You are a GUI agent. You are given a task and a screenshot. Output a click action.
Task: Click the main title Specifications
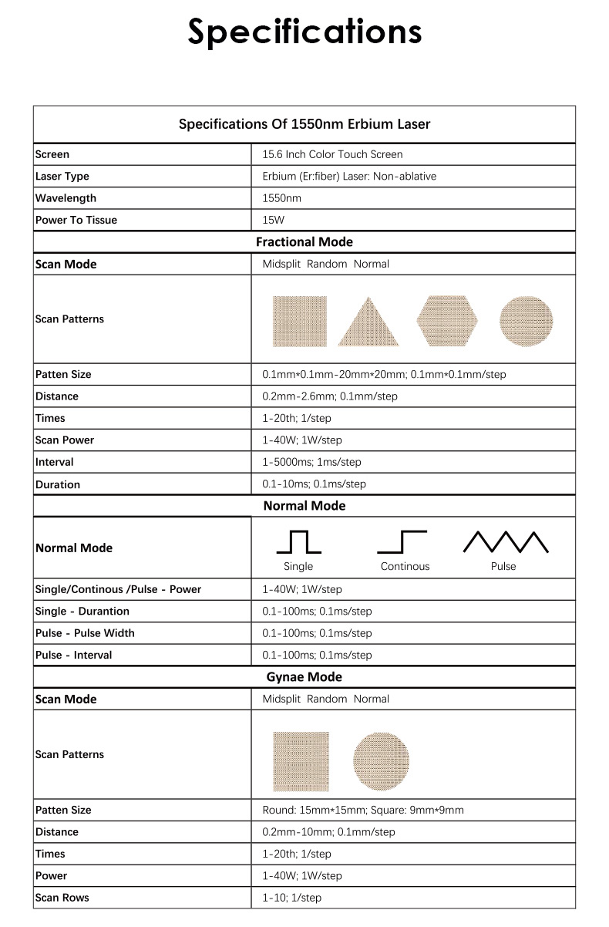(x=304, y=32)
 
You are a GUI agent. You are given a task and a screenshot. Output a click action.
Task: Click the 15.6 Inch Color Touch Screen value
(x=332, y=154)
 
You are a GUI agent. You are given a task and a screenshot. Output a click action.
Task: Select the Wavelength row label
(x=66, y=198)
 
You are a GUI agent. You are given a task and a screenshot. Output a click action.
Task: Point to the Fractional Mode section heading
(x=304, y=242)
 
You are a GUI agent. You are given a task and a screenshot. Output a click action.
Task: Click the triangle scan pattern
(x=368, y=322)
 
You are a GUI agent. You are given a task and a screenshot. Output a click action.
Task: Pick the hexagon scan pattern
(x=447, y=320)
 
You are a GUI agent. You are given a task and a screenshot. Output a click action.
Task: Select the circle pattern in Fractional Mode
(x=527, y=320)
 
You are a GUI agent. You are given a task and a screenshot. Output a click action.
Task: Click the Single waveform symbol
(x=298, y=542)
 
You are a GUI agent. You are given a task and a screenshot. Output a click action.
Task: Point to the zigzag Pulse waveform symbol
(x=505, y=542)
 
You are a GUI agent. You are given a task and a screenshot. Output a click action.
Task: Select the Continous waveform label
(x=405, y=566)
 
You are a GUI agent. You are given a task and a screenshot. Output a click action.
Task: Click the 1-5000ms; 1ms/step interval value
(x=311, y=462)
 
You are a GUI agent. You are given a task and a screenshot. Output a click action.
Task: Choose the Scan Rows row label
(x=62, y=898)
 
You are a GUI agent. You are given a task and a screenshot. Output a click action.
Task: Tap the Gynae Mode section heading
(x=304, y=677)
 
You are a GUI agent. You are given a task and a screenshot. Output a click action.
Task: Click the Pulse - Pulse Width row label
(x=85, y=633)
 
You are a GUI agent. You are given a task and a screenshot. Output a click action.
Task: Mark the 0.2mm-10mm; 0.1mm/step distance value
(x=328, y=832)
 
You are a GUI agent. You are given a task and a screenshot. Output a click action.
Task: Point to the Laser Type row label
(x=62, y=176)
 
